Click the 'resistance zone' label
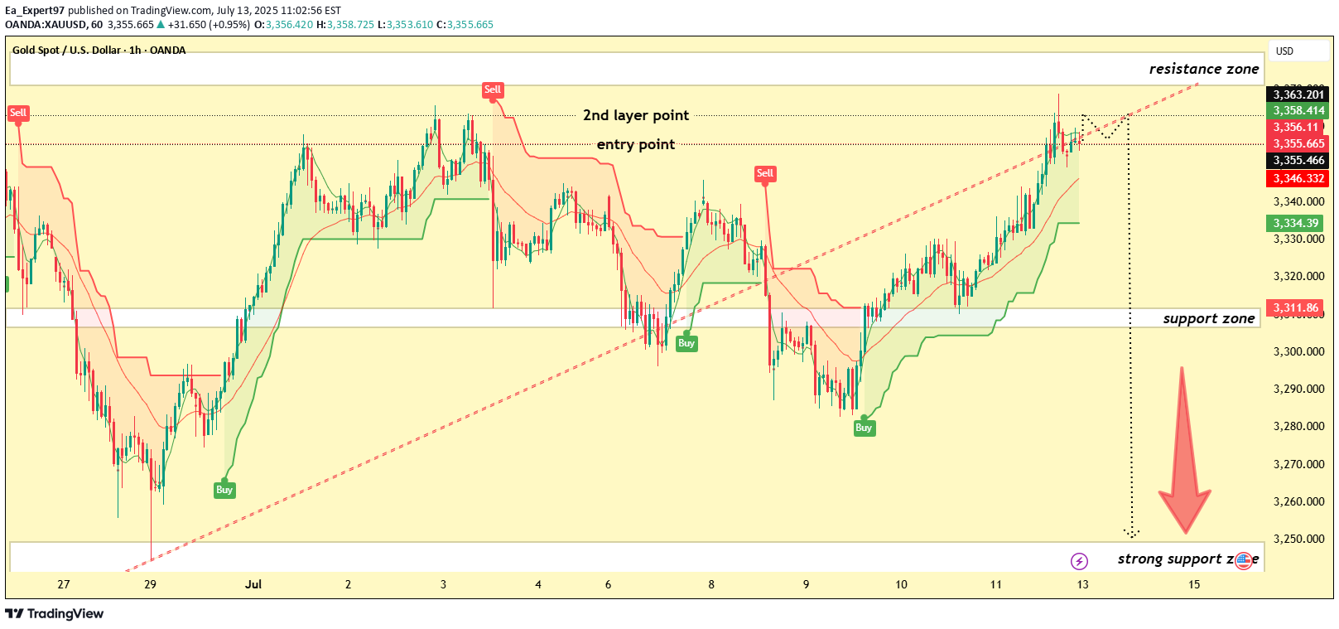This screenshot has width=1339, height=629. (x=1203, y=70)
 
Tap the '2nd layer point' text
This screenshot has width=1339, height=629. (x=635, y=115)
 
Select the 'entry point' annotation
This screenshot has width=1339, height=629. (x=635, y=144)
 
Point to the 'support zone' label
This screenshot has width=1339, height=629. (x=1208, y=319)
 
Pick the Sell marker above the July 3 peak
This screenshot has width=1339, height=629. (x=493, y=90)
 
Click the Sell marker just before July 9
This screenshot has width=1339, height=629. (x=764, y=173)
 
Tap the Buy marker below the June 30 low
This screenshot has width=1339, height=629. (x=224, y=490)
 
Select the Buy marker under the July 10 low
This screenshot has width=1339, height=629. (x=864, y=428)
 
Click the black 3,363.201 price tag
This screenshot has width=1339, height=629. (x=1298, y=94)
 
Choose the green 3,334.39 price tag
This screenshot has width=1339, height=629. (x=1295, y=223)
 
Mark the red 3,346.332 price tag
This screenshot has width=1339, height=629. (x=1298, y=178)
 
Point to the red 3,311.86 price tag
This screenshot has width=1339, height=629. (x=1295, y=307)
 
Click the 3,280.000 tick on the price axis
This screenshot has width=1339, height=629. (x=1298, y=427)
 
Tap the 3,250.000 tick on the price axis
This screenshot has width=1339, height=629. (x=1298, y=539)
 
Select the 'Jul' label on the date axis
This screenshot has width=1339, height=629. (x=253, y=584)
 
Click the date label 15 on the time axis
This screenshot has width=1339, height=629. (x=1194, y=584)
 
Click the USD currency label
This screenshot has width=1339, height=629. (x=1284, y=51)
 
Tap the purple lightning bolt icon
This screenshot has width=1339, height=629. (x=1079, y=561)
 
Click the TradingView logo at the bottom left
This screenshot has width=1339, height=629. (x=55, y=613)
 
